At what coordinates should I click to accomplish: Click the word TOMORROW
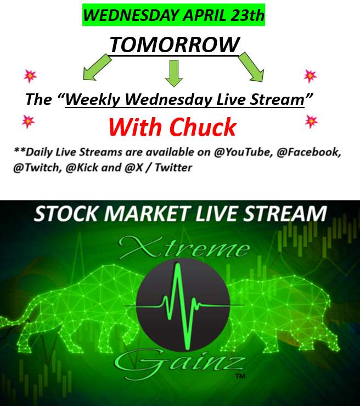[x=175, y=44]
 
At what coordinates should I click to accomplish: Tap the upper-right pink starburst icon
[x=310, y=75]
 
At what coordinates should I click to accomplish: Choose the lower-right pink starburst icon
[x=312, y=121]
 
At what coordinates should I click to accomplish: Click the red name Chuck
[x=203, y=128]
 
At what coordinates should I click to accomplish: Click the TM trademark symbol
[x=240, y=377]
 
